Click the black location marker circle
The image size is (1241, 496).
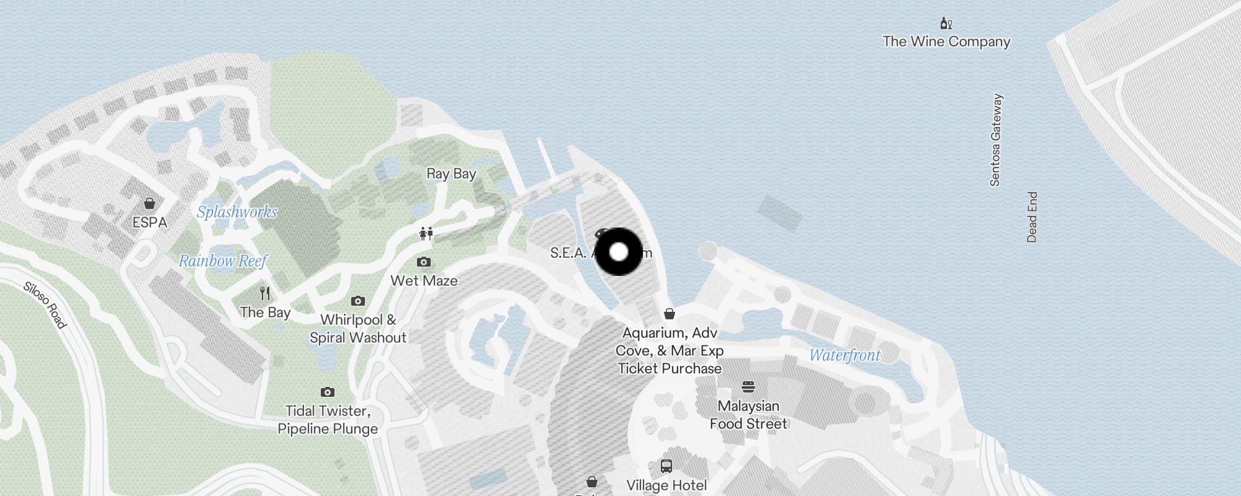pos(619,252)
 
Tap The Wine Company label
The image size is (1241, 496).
pos(946,42)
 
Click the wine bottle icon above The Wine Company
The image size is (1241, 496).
pos(946,24)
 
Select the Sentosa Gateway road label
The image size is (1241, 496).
pos(996,140)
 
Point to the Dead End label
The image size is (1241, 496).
pos(1032,217)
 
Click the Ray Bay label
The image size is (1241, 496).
pos(451,174)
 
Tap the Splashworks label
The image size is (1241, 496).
pos(237,212)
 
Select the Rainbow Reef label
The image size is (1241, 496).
pos(223,261)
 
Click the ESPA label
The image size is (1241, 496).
pos(150,222)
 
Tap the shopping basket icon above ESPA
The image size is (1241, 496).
pos(150,203)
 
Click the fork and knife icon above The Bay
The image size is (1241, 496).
pos(265,293)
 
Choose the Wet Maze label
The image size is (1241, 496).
pos(424,281)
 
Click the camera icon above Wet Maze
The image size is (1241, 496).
pos(424,262)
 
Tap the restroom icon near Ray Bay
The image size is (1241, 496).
pos(426,234)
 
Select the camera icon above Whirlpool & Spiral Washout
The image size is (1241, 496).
pos(358,301)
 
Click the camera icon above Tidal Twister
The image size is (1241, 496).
pos(328,392)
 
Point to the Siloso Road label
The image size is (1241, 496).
pos(45,305)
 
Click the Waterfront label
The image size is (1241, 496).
pos(845,355)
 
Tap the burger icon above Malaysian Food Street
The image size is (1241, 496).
pos(748,387)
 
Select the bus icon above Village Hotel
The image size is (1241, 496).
pos(666,466)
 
